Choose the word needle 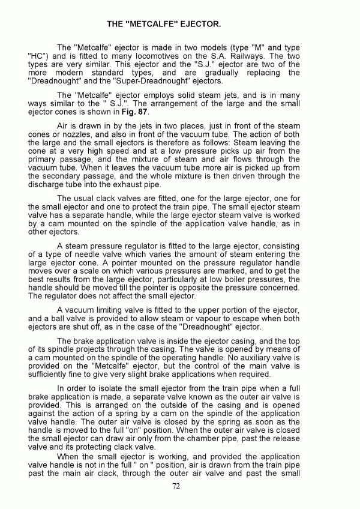coord(99,254)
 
